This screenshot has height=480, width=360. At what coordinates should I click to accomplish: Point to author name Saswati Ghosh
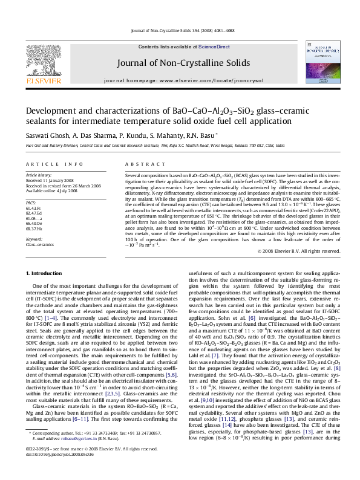coord(44,135)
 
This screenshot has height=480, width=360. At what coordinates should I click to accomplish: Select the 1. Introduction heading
coord(44,273)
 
